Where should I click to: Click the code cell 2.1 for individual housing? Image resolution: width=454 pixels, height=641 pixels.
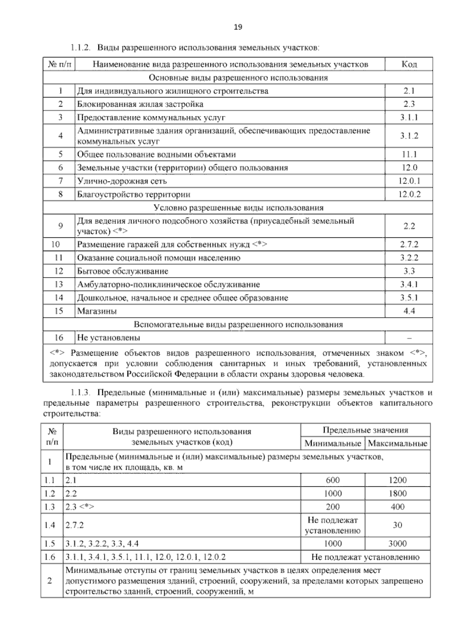409,91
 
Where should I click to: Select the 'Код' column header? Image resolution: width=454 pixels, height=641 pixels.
409,64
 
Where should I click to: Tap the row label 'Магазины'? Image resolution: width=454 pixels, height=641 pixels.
97,311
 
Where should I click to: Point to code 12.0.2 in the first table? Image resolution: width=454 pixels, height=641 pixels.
409,194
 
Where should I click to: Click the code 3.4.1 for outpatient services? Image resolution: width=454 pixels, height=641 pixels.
409,284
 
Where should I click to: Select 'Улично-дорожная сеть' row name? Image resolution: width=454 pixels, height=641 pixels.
122,181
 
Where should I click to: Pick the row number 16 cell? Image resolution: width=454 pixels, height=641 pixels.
59,338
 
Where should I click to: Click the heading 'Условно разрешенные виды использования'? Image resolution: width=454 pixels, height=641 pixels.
238,207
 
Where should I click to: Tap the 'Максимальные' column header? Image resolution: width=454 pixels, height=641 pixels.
397,443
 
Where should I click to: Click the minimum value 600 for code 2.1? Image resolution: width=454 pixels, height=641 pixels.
333,480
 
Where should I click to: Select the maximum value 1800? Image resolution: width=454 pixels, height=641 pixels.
397,493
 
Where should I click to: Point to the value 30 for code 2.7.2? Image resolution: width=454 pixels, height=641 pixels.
397,525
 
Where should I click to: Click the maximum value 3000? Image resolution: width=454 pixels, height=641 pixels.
397,543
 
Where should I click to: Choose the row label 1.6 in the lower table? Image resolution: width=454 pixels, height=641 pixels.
50,557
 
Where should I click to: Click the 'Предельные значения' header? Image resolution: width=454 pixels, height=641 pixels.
365,430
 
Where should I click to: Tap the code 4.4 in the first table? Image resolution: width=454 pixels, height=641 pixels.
409,311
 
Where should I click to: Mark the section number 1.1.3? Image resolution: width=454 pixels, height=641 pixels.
80,393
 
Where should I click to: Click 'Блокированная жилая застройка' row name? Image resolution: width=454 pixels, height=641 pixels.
140,104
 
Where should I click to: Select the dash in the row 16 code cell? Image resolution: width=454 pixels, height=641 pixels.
409,338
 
